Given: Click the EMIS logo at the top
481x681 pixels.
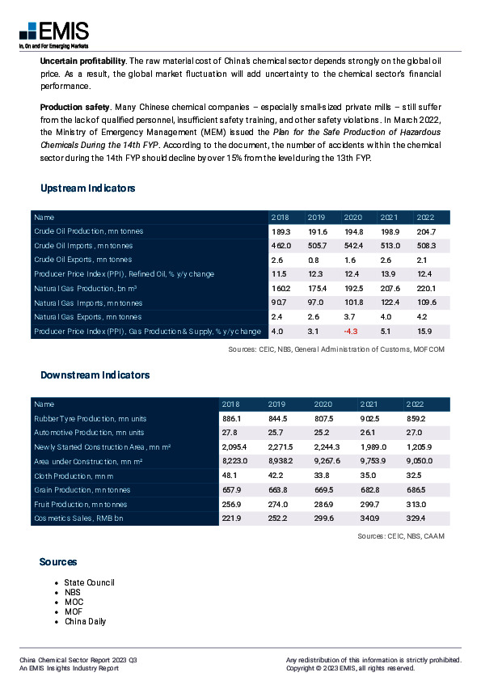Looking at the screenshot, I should (x=52, y=33).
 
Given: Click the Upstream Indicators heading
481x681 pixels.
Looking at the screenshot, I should (x=87, y=188).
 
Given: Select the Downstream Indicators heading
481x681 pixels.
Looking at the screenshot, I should (x=95, y=375).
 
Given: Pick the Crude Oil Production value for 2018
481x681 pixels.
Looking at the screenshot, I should (x=281, y=231).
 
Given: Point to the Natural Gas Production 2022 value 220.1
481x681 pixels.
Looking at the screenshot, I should (x=426, y=289).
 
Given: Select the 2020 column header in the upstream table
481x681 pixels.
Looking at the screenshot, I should (x=353, y=218).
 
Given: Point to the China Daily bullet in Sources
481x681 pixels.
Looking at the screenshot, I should (x=85, y=621).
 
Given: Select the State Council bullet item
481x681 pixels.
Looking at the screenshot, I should (x=90, y=582).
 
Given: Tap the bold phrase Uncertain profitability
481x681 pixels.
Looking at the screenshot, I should (x=82, y=61).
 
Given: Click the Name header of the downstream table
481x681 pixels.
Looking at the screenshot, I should (x=44, y=404).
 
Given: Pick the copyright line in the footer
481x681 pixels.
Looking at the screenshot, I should (x=350, y=668).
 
